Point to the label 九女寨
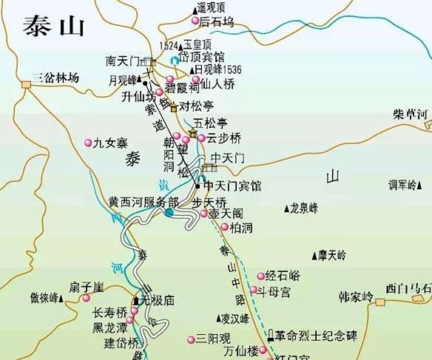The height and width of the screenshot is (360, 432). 109,143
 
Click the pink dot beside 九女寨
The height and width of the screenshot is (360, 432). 87,143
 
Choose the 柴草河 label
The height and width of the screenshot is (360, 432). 411,114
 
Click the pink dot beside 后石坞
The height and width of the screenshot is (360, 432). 195,22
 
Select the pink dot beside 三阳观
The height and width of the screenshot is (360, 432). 189,339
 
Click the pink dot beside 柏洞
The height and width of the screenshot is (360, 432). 224,227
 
